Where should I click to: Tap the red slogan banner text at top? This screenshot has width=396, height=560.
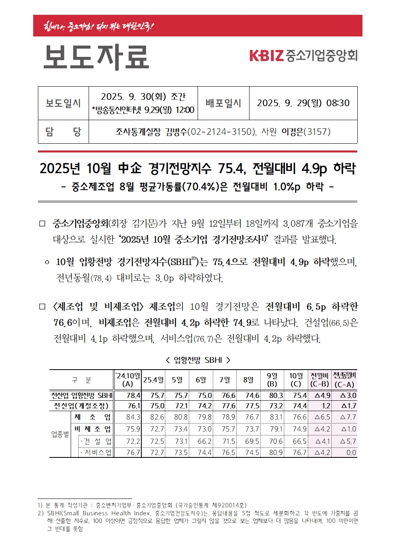click(99, 26)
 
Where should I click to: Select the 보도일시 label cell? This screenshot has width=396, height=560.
click(63, 103)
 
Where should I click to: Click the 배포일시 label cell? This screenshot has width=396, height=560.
click(223, 103)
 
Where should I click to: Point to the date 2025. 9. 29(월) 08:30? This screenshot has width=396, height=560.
click(303, 103)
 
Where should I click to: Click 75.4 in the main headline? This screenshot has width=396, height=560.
click(231, 169)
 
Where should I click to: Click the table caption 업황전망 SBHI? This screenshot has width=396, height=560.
click(198, 360)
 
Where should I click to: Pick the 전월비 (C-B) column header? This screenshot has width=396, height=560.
click(319, 380)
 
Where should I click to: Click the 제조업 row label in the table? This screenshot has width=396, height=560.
click(92, 417)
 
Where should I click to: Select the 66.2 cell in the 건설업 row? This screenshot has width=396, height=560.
click(204, 441)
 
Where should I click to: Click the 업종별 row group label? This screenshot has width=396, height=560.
click(60, 434)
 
